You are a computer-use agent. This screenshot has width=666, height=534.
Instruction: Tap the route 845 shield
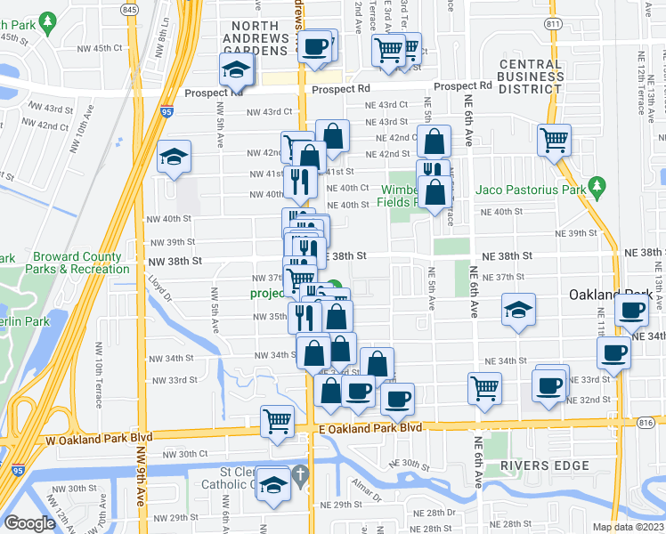point(130,9)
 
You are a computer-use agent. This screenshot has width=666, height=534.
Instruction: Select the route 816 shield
point(646,425)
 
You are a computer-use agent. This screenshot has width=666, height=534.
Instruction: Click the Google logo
point(29,523)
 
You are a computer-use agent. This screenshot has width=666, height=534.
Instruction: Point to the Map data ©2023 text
point(629,527)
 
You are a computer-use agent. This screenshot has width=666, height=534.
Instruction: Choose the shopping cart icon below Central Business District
point(554,139)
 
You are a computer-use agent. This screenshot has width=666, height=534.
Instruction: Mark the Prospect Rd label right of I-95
point(214,92)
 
